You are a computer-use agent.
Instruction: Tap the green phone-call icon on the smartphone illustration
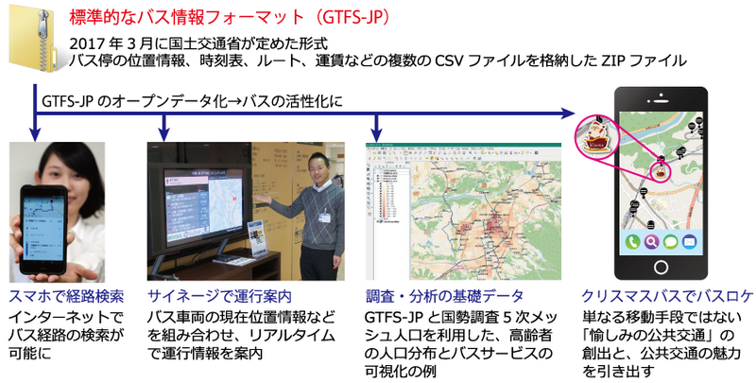631,242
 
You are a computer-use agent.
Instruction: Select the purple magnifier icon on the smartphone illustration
651,242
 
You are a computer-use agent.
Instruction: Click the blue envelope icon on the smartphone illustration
691,242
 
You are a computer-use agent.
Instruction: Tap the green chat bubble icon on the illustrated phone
671,242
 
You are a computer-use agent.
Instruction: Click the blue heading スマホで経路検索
65,295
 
